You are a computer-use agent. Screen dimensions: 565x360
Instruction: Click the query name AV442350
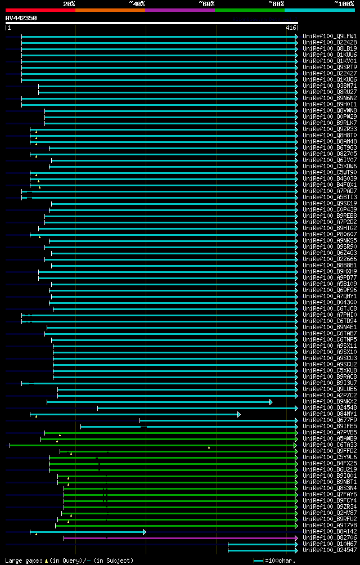[21, 18]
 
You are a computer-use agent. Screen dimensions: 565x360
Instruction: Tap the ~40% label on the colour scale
[137, 4]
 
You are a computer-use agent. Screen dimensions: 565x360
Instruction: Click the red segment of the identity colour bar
[40, 10]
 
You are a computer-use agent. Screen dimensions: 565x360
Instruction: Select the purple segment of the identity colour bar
[179, 10]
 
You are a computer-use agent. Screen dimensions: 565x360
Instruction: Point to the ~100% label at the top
[344, 4]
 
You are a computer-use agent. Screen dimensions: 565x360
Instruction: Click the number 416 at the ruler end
[291, 28]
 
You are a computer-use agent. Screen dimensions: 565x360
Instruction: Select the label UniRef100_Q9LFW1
[330, 37]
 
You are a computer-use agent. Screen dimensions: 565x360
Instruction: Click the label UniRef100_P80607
[330, 235]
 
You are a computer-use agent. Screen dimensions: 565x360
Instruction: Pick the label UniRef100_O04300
[330, 303]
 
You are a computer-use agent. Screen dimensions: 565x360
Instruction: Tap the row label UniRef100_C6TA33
[330, 445]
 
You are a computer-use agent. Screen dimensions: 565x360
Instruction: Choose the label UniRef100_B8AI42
[330, 532]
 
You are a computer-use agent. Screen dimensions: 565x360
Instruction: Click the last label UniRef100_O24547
[330, 550]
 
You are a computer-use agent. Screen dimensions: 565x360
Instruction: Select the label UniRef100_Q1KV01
[330, 61]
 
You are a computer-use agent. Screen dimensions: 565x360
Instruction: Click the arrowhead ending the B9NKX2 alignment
[271, 402]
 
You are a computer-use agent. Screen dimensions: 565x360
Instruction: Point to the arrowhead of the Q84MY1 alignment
[238, 414]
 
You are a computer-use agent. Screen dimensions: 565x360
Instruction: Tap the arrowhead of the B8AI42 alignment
[144, 532]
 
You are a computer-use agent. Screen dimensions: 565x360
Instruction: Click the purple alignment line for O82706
[180, 538]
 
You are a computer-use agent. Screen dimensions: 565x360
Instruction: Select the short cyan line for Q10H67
[262, 544]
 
